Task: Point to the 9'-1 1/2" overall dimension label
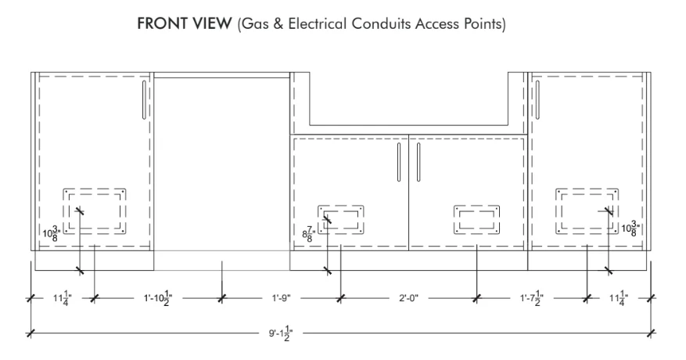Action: (281, 333)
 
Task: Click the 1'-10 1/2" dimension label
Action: (158, 298)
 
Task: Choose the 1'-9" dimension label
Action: (282, 298)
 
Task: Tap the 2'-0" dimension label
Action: (408, 298)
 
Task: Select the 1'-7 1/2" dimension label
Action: (532, 298)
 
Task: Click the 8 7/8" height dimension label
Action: (309, 234)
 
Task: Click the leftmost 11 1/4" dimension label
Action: (63, 298)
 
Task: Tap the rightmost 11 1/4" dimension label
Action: (619, 298)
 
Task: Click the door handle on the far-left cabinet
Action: (144, 99)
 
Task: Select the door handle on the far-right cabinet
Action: (537, 99)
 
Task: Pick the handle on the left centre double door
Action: (399, 162)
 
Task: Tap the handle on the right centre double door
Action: (418, 162)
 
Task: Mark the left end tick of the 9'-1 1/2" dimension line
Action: (31, 333)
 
